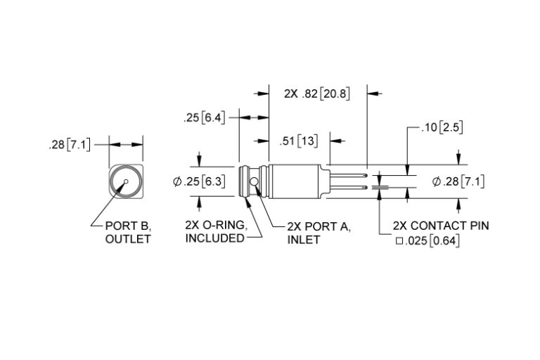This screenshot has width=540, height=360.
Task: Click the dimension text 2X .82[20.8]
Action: pyautogui.click(x=316, y=93)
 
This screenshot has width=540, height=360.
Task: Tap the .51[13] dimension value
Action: pyautogui.click(x=298, y=141)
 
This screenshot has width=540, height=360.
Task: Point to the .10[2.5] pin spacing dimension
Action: pyautogui.click(x=442, y=128)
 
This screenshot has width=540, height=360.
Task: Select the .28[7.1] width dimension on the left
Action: pyautogui.click(x=69, y=145)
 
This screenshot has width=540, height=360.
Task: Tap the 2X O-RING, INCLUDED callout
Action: pyautogui.click(x=215, y=232)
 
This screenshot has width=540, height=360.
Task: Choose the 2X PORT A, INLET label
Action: pyautogui.click(x=319, y=233)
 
